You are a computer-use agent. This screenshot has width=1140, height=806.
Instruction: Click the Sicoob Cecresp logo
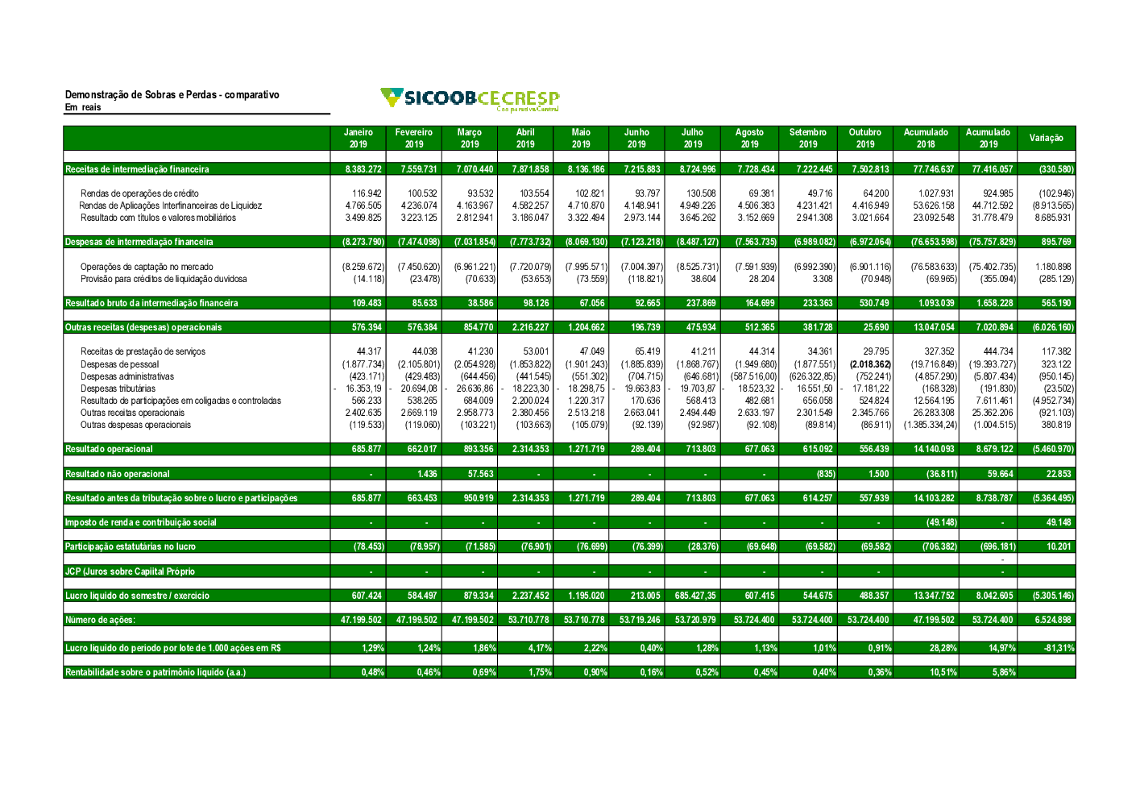click(470, 99)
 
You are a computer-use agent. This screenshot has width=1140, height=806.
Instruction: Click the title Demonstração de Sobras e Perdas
click(172, 94)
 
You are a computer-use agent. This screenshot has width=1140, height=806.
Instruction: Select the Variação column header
click(1046, 138)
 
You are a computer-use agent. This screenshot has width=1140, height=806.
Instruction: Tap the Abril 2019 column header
click(525, 138)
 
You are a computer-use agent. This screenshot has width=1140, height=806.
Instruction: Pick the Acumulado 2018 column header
click(926, 138)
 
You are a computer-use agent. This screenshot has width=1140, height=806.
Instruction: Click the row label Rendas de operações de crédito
click(139, 193)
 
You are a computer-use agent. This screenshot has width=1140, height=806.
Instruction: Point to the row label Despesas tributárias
click(118, 388)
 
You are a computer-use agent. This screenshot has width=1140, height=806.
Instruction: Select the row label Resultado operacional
click(109, 449)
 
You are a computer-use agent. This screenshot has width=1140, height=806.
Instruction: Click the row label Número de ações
click(100, 620)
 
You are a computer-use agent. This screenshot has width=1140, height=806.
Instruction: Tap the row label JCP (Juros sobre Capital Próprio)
click(130, 571)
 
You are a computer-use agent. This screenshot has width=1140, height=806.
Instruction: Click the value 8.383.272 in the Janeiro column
click(363, 169)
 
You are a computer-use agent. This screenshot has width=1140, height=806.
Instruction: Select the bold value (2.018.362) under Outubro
click(870, 364)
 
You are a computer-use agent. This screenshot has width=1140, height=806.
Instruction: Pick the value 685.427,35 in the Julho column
click(695, 596)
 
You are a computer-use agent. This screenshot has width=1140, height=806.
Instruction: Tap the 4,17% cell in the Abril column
click(540, 648)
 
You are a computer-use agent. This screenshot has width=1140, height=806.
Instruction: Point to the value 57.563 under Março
click(480, 474)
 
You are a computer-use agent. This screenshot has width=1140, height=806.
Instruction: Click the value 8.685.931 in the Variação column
click(1054, 218)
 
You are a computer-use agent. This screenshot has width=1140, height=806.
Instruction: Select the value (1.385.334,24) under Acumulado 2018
click(931, 425)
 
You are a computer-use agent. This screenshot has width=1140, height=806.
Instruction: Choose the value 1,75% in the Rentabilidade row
click(540, 672)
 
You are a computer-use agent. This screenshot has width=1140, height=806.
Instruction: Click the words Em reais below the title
click(83, 107)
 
